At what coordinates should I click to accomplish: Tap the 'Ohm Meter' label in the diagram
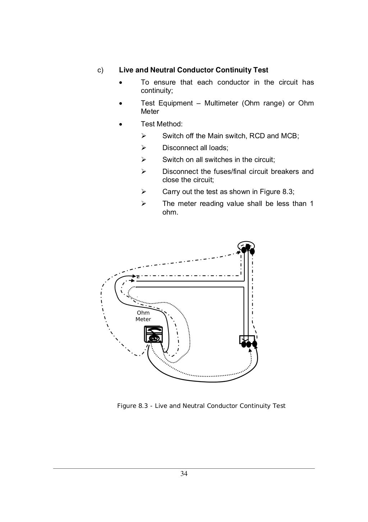tap(143, 316)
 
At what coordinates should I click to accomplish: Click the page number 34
tap(184, 474)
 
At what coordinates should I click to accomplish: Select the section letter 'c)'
tap(101, 70)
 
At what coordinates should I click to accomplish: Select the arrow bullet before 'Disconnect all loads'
tap(143, 148)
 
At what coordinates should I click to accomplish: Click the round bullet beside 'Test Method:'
tap(121, 125)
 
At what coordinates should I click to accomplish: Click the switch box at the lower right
tap(247, 340)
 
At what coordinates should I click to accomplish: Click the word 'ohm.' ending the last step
tap(170, 212)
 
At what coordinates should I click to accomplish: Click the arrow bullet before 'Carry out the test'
tap(143, 192)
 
